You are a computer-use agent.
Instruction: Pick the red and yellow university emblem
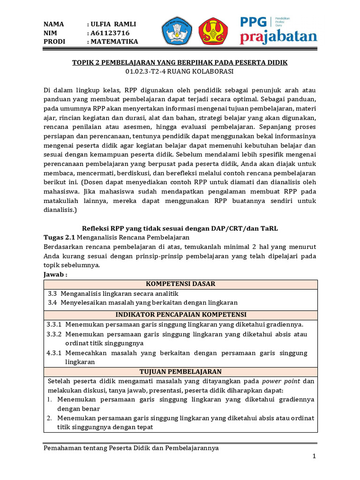(213, 31)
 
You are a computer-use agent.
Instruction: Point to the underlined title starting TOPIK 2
(180, 62)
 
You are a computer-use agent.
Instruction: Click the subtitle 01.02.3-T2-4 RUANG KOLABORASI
(180, 71)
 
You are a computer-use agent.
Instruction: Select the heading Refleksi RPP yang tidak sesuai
(180, 228)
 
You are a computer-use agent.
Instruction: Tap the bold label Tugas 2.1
(59, 237)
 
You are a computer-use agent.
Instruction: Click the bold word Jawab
(55, 274)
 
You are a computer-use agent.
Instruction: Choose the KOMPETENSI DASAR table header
(180, 284)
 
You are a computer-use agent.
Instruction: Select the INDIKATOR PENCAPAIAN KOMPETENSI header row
(180, 315)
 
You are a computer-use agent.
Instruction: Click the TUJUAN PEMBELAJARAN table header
(180, 371)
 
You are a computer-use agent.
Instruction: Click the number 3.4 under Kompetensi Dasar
(52, 303)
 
